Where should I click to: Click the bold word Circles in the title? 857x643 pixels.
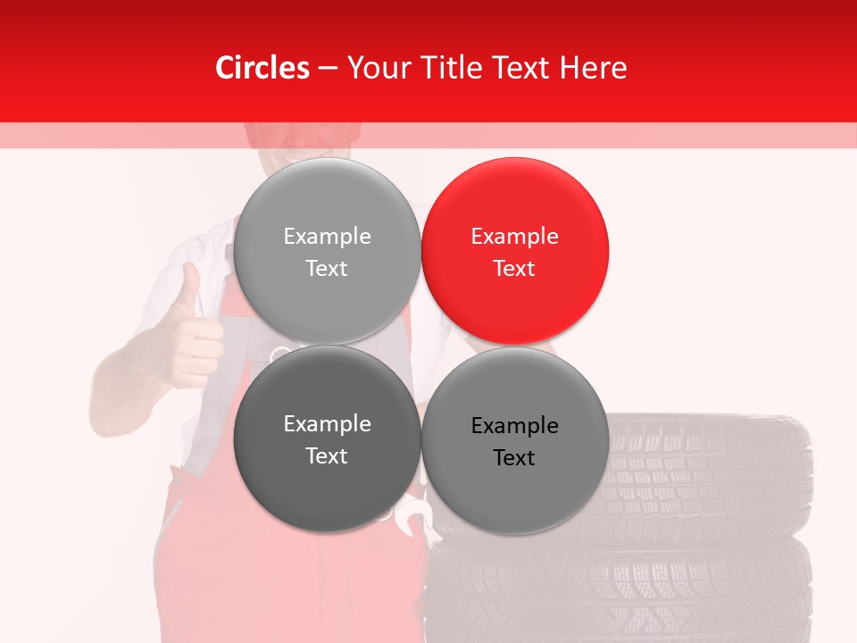pos(262,68)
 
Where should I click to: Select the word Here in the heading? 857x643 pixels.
pos(593,68)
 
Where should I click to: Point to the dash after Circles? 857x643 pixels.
pos(328,68)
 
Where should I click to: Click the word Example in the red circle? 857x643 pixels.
pos(515,236)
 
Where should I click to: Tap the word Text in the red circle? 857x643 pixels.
pos(515,268)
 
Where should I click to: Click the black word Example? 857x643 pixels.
pos(515,425)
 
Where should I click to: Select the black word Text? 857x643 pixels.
pos(515,457)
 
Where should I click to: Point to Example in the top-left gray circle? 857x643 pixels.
pos(328,236)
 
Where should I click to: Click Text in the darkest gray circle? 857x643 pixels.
pos(328,455)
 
